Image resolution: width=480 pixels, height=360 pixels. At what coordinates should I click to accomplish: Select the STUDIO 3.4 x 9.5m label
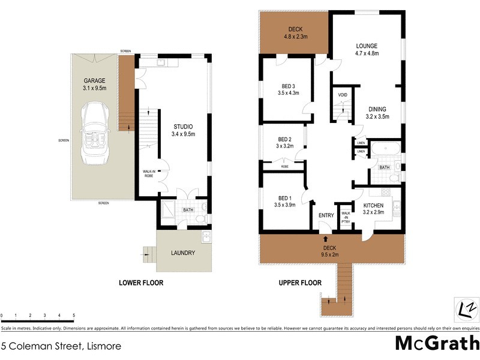coord(183,130)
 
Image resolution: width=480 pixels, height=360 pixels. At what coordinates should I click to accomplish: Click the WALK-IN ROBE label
coord(149,175)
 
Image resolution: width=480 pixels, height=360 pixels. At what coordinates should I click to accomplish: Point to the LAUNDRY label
coord(182,253)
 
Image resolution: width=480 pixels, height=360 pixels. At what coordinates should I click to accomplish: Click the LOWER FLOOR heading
coord(141,283)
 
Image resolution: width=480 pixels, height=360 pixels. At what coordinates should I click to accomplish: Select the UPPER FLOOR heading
coord(299,283)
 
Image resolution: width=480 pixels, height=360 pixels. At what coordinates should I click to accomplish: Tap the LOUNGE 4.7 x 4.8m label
coord(367,49)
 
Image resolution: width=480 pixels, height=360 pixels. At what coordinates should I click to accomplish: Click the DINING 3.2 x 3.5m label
coord(377,113)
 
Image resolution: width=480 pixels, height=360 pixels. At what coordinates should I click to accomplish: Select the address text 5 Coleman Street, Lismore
coord(61,346)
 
